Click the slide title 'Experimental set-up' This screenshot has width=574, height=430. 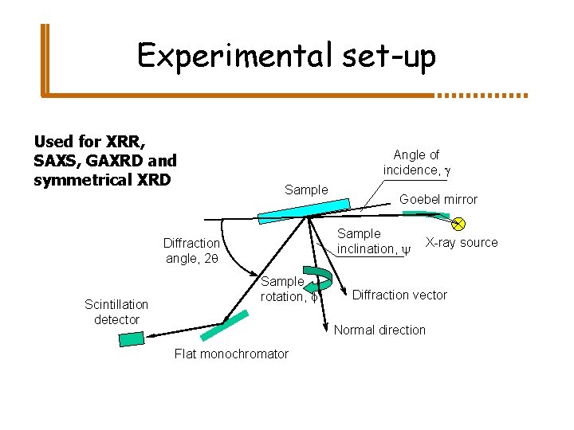pos(286,57)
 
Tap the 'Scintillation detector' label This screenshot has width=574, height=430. pos(116,311)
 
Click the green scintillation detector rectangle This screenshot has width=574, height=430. pos(131,338)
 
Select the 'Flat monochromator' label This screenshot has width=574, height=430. pos(231,354)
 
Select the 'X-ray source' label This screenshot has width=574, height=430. pos(462,242)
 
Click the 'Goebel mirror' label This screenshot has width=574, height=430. pos(438,199)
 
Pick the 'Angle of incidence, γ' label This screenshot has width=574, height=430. pos(417,162)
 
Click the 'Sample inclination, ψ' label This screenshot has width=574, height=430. pos(367,241)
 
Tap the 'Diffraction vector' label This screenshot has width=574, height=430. pos(399,295)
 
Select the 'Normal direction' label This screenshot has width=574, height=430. pos(379,330)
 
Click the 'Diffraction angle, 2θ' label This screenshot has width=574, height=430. pos(191,250)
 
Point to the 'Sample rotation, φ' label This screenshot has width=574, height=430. pos(284,288)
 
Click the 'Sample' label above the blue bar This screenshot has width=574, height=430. pos(306,190)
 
